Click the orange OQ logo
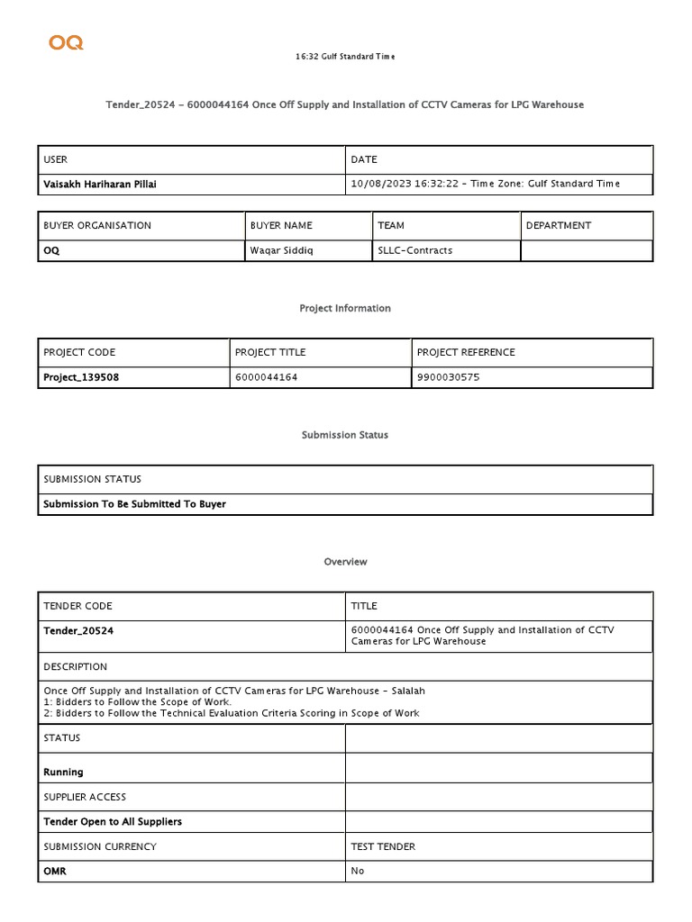click(x=66, y=42)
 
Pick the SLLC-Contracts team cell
click(x=414, y=250)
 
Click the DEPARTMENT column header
click(x=560, y=225)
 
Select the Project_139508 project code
click(x=81, y=377)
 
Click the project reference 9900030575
click(x=448, y=377)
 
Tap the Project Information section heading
click(x=345, y=308)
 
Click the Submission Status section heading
click(x=345, y=435)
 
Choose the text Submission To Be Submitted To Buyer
click(x=134, y=504)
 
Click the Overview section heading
click(x=345, y=562)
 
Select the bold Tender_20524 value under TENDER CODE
click(x=78, y=631)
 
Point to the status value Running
click(x=63, y=772)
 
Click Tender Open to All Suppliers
click(x=113, y=821)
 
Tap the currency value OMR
click(x=55, y=871)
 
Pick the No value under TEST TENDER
click(x=358, y=871)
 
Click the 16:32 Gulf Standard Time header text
click(x=345, y=57)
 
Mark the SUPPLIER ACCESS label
click(x=85, y=797)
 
